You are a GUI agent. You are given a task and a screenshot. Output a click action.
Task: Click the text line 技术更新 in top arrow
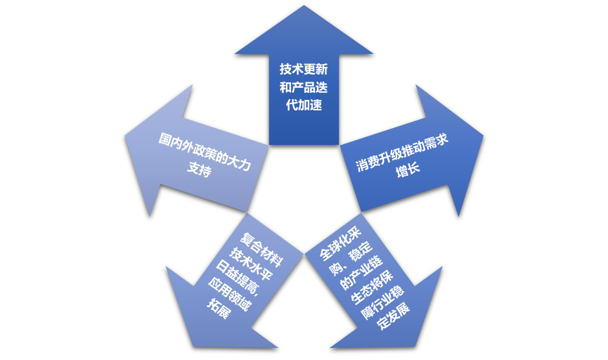[x=304, y=70]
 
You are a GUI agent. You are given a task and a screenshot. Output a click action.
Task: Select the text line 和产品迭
[x=304, y=88]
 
